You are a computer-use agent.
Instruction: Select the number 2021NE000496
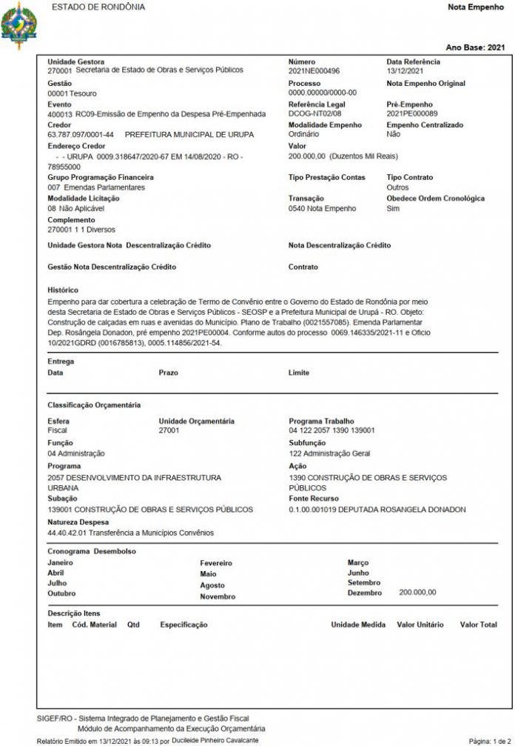[x=314, y=70]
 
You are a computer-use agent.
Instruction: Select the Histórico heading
[x=63, y=290]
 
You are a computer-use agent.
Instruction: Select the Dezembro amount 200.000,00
[x=417, y=593]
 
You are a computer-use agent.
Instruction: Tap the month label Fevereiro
[x=216, y=563]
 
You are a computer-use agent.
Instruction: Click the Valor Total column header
[x=478, y=625]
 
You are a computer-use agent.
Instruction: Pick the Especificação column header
[x=184, y=625]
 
